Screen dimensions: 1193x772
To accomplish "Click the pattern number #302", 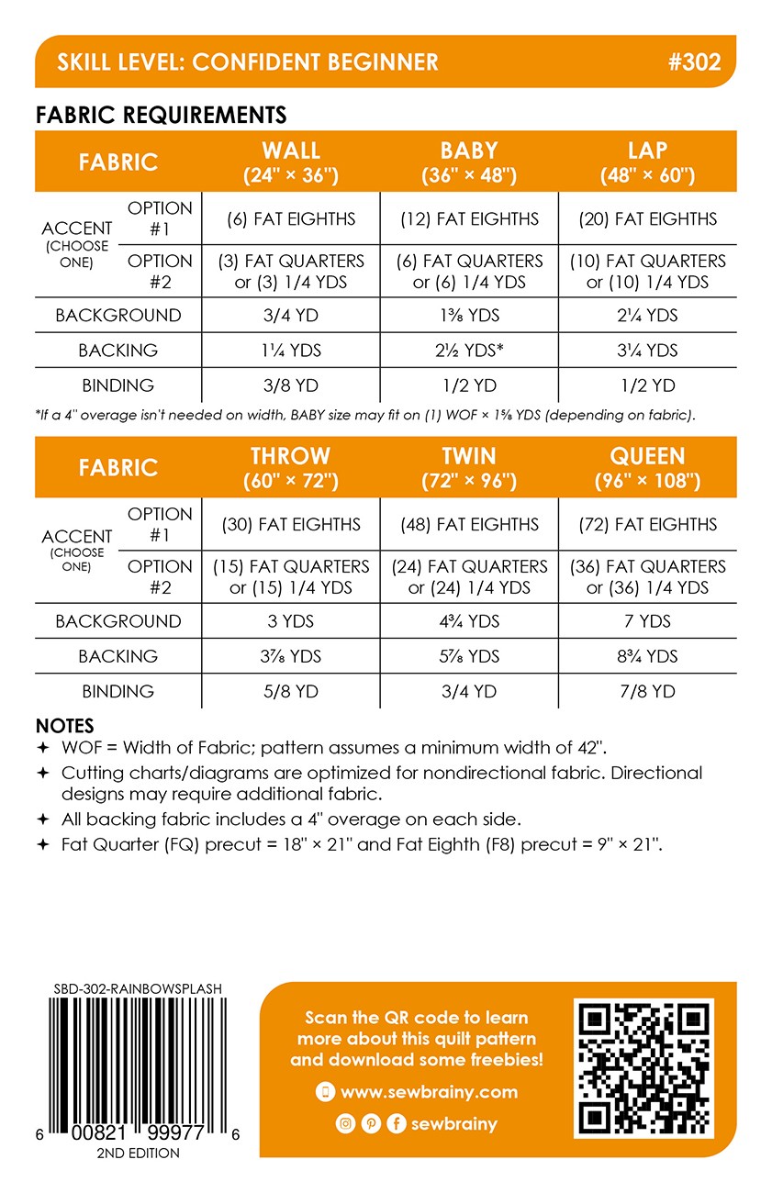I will tap(695, 62).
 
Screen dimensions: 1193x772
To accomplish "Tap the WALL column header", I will tap(291, 162).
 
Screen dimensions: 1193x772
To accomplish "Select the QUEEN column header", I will tap(648, 467).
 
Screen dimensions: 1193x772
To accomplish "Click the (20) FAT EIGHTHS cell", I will tap(648, 219).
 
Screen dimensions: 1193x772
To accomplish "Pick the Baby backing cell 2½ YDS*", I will tap(469, 351).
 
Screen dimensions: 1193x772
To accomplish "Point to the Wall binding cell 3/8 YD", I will tap(291, 385).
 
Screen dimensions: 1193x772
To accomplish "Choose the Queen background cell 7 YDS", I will tap(648, 621).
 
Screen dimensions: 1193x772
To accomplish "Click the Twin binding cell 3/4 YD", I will tap(469, 691).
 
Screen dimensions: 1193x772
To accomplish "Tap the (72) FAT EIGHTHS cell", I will tap(648, 525).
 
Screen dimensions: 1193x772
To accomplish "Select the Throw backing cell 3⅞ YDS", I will tap(291, 656).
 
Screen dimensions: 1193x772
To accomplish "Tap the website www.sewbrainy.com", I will tap(429, 1092).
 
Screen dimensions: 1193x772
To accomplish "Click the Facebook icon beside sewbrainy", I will tap(397, 1123).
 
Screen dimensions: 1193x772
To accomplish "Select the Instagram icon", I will tap(345, 1123).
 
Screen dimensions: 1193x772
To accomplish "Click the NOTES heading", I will tap(64, 726).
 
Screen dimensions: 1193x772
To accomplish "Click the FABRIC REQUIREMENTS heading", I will tap(161, 115).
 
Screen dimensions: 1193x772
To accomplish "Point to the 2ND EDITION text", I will tap(138, 1153).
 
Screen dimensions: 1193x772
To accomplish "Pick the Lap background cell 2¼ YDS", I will tap(648, 316).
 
